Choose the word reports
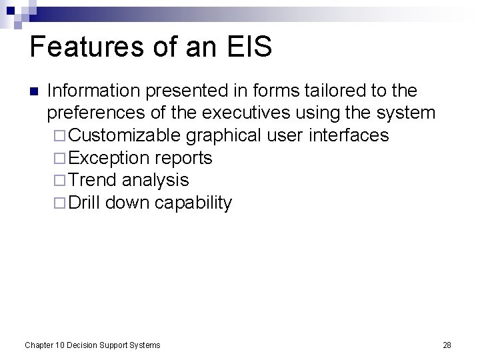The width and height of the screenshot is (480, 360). [184, 158]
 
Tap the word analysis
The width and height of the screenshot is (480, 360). [155, 180]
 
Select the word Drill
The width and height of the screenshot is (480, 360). [84, 203]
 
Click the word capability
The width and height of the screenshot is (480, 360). [193, 203]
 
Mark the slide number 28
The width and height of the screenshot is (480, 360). [447, 345]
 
